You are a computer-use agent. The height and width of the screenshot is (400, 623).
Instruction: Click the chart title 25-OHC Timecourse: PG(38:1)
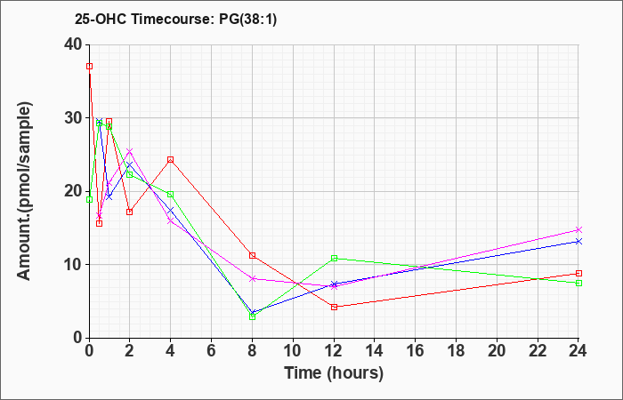[175, 20]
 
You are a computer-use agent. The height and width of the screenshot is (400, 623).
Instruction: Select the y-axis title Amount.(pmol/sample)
[24, 191]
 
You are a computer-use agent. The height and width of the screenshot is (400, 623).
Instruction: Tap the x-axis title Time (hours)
[334, 373]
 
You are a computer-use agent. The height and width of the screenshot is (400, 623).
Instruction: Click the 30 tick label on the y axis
[74, 118]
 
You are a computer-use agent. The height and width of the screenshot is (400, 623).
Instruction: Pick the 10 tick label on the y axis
[74, 265]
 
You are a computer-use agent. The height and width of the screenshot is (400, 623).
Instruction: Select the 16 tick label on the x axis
[416, 350]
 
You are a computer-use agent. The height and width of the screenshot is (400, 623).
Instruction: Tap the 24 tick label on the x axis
[578, 350]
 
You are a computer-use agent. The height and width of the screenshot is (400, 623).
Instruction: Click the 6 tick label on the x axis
[212, 350]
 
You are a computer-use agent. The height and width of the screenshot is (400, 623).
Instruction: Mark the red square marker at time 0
[89, 67]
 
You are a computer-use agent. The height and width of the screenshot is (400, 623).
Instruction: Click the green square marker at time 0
[89, 200]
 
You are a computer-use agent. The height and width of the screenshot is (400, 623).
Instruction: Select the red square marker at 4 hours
[171, 159]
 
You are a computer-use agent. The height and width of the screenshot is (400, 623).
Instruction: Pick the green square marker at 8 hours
[252, 316]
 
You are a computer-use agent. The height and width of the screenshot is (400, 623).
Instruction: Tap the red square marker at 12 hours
[334, 307]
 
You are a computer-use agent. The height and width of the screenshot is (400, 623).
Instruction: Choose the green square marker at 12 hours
[334, 259]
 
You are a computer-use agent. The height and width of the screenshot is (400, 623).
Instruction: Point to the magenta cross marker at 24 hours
[578, 229]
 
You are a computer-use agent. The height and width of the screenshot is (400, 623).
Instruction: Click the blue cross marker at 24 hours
[578, 241]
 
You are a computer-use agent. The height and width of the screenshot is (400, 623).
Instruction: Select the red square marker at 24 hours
[578, 274]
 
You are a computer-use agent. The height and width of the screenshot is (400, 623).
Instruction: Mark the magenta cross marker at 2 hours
[130, 151]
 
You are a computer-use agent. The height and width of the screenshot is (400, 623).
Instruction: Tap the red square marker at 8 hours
[252, 255]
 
